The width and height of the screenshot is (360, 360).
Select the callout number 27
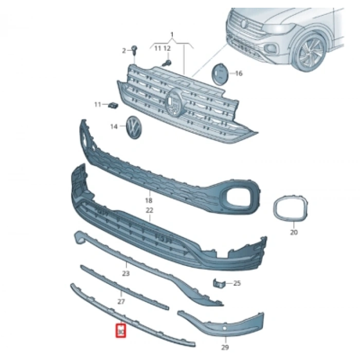coord(121,302)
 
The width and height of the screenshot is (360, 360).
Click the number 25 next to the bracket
coord(237,283)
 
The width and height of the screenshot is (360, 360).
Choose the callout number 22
coord(150,210)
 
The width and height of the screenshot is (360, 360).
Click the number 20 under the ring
coord(294,232)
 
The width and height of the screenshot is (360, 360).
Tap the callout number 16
coord(238,74)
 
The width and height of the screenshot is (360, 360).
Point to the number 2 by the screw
coord(124,50)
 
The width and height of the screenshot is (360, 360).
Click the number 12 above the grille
coord(167,48)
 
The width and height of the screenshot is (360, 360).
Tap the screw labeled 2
coord(134,50)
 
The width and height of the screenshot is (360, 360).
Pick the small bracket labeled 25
coord(219,283)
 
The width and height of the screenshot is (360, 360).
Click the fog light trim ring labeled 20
coord(291,209)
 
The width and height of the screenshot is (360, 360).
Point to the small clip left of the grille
coord(113,105)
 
